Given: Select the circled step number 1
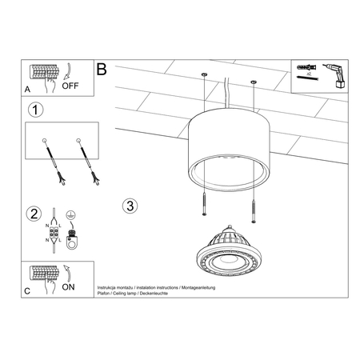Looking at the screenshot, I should tap(34, 109).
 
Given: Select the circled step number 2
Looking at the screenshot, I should tap(34, 213).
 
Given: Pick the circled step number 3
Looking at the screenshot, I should tap(130, 205).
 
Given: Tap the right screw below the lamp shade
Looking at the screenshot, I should tap(254, 211).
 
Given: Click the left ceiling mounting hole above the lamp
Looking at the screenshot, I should tap(204, 77).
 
